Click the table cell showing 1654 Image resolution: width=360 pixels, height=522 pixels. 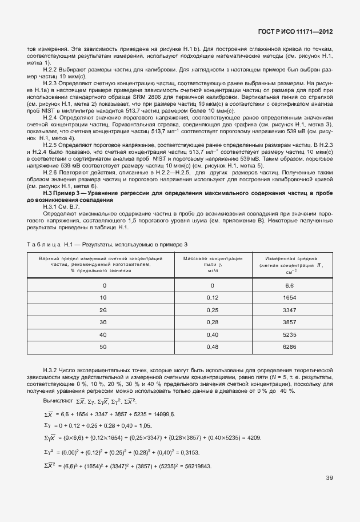point(289,298)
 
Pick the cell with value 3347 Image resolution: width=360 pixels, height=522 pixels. point(289,310)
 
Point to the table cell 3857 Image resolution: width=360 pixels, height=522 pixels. point(289,322)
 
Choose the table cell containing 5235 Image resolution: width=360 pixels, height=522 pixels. point(289,334)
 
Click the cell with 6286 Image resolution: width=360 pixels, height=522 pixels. point(289,347)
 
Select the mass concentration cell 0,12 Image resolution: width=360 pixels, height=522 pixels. point(212,298)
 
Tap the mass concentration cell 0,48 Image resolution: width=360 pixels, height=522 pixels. point(212,347)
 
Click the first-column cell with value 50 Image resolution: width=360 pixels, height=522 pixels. point(103,347)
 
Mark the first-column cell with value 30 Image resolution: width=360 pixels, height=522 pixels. point(103,322)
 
